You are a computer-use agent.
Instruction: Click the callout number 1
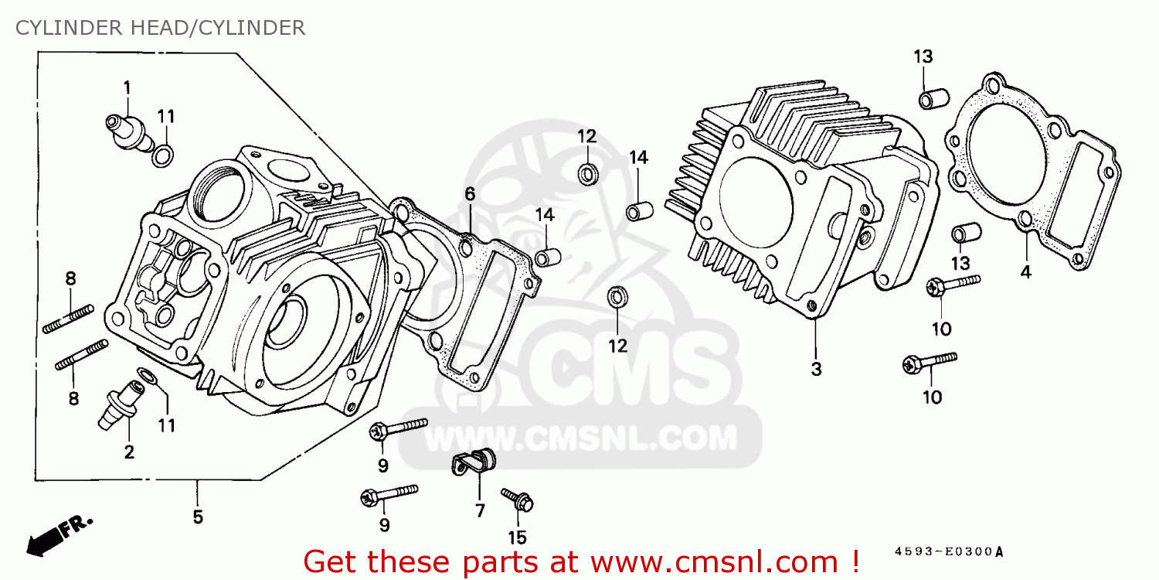pyautogui.click(x=127, y=87)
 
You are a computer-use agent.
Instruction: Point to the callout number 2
pyautogui.click(x=129, y=452)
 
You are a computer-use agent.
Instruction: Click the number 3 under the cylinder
pyautogui.click(x=816, y=370)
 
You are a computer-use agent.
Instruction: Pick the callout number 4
pyautogui.click(x=1025, y=272)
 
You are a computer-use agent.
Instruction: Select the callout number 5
pyautogui.click(x=198, y=517)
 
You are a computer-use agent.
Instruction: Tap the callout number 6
pyautogui.click(x=469, y=193)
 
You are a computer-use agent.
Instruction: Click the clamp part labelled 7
pyautogui.click(x=472, y=462)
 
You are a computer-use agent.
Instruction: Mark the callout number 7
pyautogui.click(x=480, y=510)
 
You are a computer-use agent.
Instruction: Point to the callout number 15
pyautogui.click(x=517, y=537)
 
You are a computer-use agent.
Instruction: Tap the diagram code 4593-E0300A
pyautogui.click(x=949, y=552)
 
